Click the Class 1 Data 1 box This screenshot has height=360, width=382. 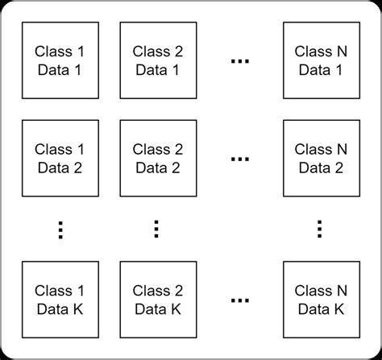[60, 60]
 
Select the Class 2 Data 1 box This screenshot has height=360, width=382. [158, 60]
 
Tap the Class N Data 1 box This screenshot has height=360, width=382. [321, 60]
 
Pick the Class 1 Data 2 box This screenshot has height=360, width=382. [60, 159]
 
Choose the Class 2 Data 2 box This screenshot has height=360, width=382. [158, 159]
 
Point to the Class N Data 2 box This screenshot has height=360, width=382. [321, 159]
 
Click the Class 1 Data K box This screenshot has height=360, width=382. [60, 300]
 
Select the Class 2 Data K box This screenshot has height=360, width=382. [158, 300]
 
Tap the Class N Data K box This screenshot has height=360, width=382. [321, 300]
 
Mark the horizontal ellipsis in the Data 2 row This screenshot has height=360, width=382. [239, 160]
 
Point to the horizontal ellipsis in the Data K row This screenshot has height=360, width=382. [239, 301]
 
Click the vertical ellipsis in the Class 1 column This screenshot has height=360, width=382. [60, 230]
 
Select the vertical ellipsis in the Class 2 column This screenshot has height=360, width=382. [158, 230]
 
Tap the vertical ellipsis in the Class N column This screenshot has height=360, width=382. [321, 230]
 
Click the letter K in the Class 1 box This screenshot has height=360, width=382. [78, 308]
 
